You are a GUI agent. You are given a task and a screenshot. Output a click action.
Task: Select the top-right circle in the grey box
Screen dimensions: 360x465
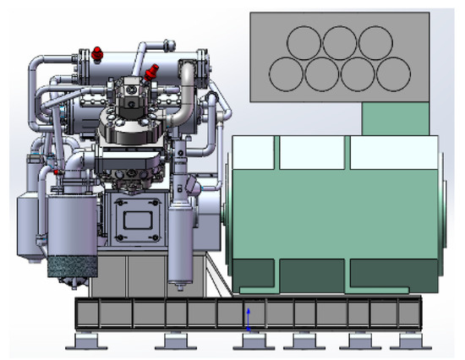point(375,43)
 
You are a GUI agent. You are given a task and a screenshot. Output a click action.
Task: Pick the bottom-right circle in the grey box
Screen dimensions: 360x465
point(392,74)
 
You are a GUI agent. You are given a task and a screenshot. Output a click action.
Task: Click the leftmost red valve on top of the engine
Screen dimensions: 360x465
point(97,54)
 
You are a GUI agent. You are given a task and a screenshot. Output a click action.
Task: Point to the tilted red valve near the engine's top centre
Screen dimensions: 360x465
point(152,72)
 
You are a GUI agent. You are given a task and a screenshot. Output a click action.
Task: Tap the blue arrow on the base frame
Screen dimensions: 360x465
point(248,316)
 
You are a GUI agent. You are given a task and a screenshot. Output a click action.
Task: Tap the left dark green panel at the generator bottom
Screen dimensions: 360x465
point(253,275)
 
